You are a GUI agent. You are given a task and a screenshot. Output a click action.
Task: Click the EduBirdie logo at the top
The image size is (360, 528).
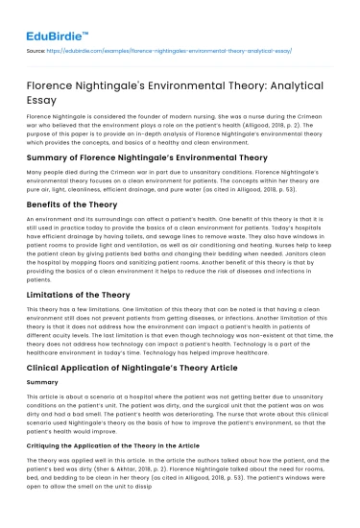[x=50, y=16]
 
